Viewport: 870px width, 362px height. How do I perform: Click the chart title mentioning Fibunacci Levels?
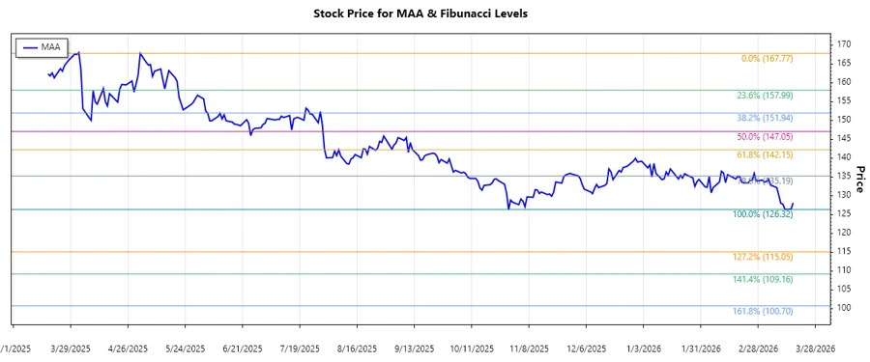coord(434,14)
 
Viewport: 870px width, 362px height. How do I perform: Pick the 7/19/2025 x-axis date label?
coord(301,348)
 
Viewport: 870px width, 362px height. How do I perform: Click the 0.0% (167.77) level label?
coord(767,59)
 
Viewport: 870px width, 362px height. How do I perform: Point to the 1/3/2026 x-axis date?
coord(643,348)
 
